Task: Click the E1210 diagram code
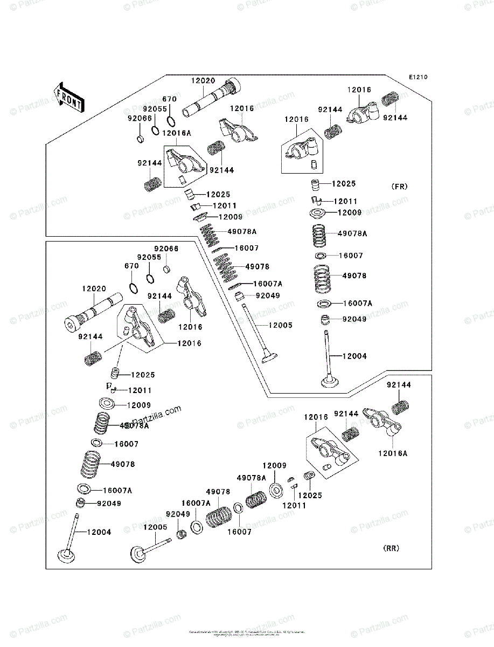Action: click(418, 78)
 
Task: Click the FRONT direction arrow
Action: click(68, 97)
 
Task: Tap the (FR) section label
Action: click(399, 187)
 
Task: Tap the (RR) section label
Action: click(391, 548)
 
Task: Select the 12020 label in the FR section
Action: click(203, 81)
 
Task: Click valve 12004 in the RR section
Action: click(71, 539)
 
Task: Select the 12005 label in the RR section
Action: click(155, 527)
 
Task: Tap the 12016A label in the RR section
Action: click(393, 453)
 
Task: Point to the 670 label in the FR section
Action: click(169, 99)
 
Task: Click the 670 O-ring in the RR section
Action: click(134, 286)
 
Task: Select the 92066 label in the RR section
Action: click(166, 249)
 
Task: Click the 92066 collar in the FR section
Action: click(140, 140)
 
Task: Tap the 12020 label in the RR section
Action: click(94, 289)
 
